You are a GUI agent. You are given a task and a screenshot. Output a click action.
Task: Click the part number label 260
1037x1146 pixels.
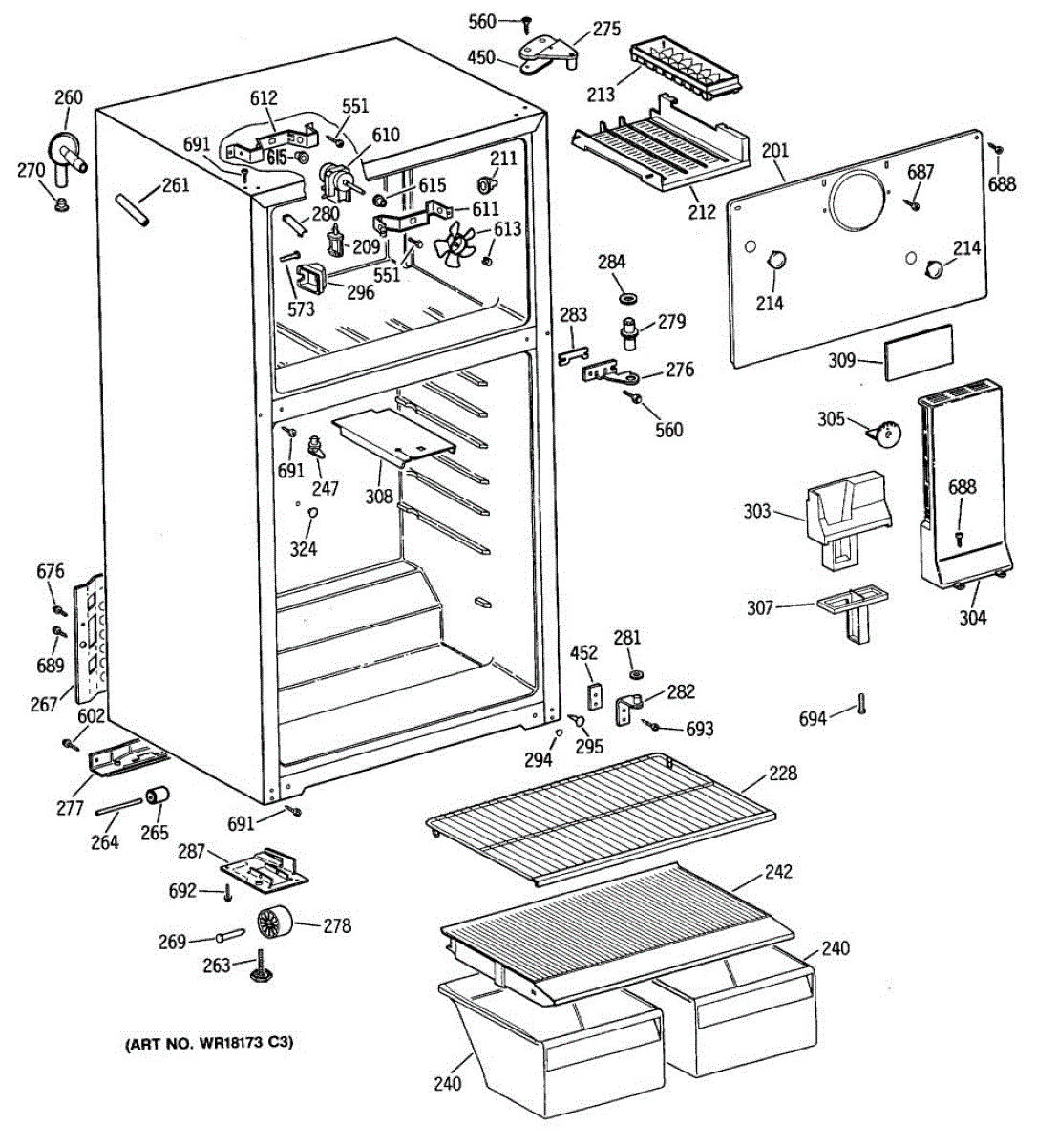point(69,97)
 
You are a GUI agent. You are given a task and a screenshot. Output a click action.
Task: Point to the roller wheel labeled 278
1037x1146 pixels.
point(275,923)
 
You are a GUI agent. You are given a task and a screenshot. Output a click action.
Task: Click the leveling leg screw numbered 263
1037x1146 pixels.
point(262,967)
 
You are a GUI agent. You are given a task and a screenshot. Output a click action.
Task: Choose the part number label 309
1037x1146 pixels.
point(841,360)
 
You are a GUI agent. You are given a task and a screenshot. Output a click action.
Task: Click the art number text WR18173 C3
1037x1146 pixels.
point(245,1043)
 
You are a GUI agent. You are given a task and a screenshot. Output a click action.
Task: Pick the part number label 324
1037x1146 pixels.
point(304,549)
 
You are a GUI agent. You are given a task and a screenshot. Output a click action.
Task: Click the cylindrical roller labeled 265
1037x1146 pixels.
point(158,796)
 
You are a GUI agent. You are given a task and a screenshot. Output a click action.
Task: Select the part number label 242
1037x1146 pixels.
point(779,871)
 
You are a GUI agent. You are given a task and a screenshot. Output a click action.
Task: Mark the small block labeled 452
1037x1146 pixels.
point(595,696)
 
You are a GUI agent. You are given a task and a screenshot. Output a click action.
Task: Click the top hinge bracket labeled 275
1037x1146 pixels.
point(548,53)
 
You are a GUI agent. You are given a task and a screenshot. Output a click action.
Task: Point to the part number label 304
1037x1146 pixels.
point(972,617)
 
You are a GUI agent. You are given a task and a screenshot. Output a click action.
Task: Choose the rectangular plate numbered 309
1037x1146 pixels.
point(919,351)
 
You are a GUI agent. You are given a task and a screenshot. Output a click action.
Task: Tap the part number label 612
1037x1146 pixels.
point(264,97)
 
